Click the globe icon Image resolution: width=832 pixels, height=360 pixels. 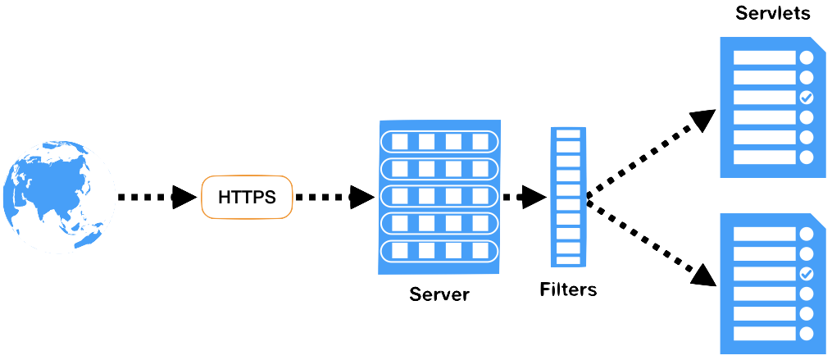(x=58, y=197)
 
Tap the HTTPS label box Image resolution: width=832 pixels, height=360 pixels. (x=246, y=197)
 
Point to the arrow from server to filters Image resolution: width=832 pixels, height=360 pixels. (x=525, y=197)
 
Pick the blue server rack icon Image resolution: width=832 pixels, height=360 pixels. (x=439, y=197)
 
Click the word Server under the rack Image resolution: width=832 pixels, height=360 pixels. (x=439, y=294)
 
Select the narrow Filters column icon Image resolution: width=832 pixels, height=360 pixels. (x=568, y=197)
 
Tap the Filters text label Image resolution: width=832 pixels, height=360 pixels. (x=568, y=289)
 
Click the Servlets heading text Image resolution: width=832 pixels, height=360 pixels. (x=773, y=13)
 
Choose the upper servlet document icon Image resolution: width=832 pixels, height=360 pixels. (x=772, y=107)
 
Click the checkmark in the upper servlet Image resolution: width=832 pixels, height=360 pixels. (x=806, y=98)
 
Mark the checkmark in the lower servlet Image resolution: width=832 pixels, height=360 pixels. (x=806, y=274)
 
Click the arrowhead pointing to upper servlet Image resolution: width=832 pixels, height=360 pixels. (x=703, y=119)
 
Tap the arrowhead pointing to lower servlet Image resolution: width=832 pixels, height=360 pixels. (x=703, y=275)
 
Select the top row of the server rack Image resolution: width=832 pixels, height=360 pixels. (x=439, y=141)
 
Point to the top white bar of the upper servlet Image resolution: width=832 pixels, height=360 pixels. (x=764, y=58)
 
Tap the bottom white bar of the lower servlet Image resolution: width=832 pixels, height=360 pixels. (x=764, y=333)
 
